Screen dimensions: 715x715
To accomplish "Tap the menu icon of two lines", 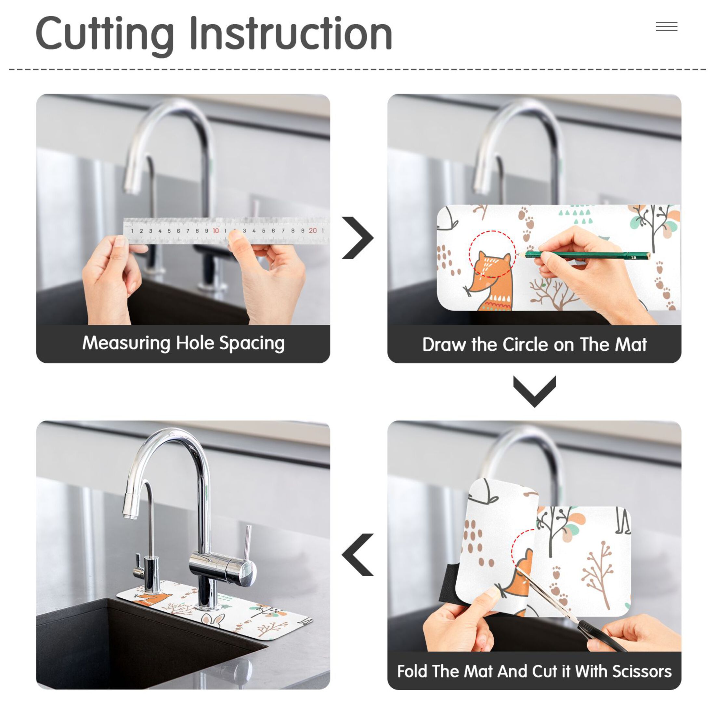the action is (x=667, y=27).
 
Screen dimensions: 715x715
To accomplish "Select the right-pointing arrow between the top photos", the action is (x=357, y=238).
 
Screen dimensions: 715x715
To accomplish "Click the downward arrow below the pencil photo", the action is (x=534, y=392).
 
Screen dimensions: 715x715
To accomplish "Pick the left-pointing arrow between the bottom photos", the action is (x=357, y=555).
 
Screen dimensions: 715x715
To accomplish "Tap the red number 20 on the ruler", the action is (x=313, y=230).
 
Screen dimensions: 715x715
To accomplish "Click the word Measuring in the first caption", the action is (x=126, y=344).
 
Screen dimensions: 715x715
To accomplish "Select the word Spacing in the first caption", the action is (x=252, y=344).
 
